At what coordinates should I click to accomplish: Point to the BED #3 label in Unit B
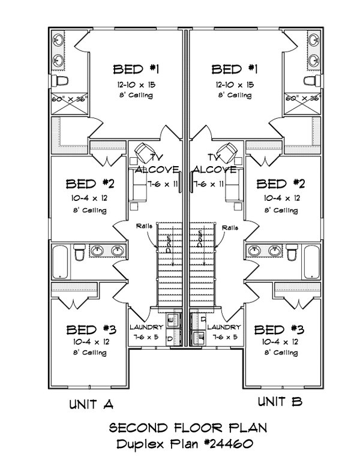pyautogui.click(x=277, y=329)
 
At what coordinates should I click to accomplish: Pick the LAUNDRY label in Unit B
pyautogui.click(x=223, y=327)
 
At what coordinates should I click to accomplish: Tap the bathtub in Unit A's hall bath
pyautogui.click(x=61, y=261)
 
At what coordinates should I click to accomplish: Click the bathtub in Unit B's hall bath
pyautogui.click(x=311, y=261)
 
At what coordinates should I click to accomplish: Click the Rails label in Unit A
pyautogui.click(x=143, y=227)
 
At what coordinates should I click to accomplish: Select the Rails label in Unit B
pyautogui.click(x=229, y=227)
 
